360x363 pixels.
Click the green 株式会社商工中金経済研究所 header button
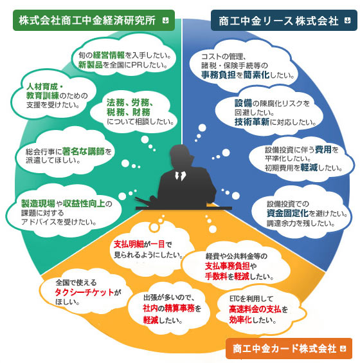point(94,21)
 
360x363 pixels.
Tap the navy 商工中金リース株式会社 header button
point(284,21)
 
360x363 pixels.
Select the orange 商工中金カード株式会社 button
point(289,348)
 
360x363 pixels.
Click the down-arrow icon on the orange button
point(343,348)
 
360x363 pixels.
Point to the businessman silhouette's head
point(181,156)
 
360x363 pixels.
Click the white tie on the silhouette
point(180,176)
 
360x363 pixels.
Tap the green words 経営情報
point(109,55)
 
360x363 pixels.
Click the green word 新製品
point(90,65)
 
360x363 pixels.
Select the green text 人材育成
point(42,87)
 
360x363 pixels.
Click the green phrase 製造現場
point(38,203)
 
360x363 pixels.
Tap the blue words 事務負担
point(219,75)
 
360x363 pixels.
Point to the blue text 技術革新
point(252,122)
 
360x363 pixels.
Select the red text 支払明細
point(129,244)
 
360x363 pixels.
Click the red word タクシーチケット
point(84,292)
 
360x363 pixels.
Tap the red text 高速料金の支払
point(255,309)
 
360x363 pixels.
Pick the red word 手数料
point(216,276)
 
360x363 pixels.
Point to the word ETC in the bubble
point(235,299)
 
